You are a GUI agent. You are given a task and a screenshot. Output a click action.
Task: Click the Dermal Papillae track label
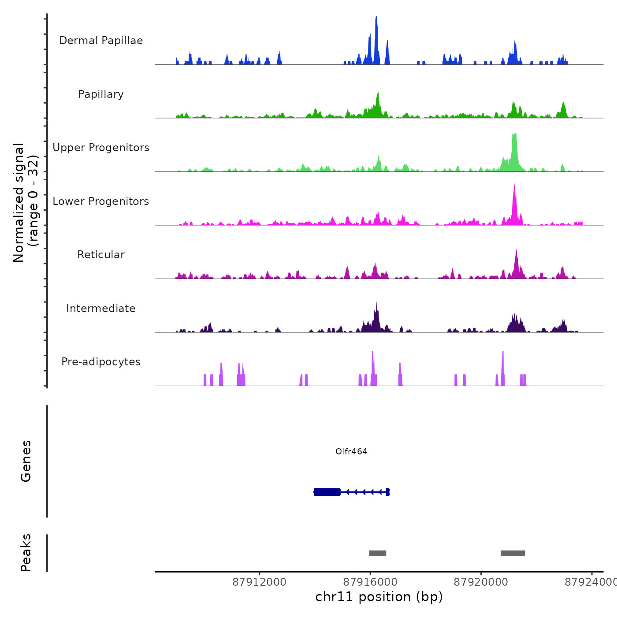click(101, 41)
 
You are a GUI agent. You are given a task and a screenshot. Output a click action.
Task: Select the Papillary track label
click(101, 94)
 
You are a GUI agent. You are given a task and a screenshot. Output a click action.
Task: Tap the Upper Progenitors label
click(101, 148)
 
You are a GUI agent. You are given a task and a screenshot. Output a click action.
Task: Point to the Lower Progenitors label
click(101, 201)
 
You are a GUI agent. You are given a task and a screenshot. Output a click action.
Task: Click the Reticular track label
click(101, 255)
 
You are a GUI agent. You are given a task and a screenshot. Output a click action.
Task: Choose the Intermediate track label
click(101, 308)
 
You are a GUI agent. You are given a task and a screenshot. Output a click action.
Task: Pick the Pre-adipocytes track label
click(101, 362)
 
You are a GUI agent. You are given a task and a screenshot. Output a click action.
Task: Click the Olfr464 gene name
click(351, 451)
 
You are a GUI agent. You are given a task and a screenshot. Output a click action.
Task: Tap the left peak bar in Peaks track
click(377, 553)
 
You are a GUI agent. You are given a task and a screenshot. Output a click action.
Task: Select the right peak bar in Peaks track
click(513, 553)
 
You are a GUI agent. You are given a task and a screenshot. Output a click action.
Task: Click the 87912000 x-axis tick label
click(259, 582)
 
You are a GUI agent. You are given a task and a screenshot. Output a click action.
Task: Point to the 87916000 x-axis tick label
click(370, 582)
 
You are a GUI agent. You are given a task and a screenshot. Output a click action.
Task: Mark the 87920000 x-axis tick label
click(481, 582)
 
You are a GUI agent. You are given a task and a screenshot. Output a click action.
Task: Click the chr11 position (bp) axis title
click(379, 597)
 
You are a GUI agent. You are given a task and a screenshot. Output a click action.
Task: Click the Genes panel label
click(26, 461)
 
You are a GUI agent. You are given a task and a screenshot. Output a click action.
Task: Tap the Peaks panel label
click(26, 553)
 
